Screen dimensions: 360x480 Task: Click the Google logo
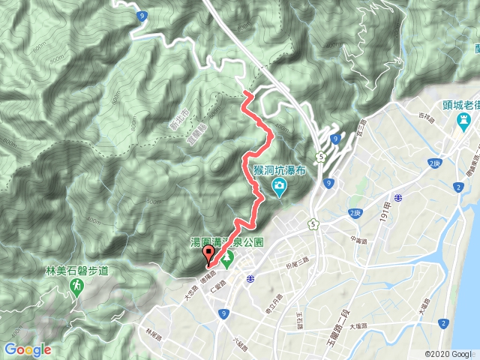pos(27,349)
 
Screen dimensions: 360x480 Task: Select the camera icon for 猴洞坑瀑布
pos(278,185)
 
